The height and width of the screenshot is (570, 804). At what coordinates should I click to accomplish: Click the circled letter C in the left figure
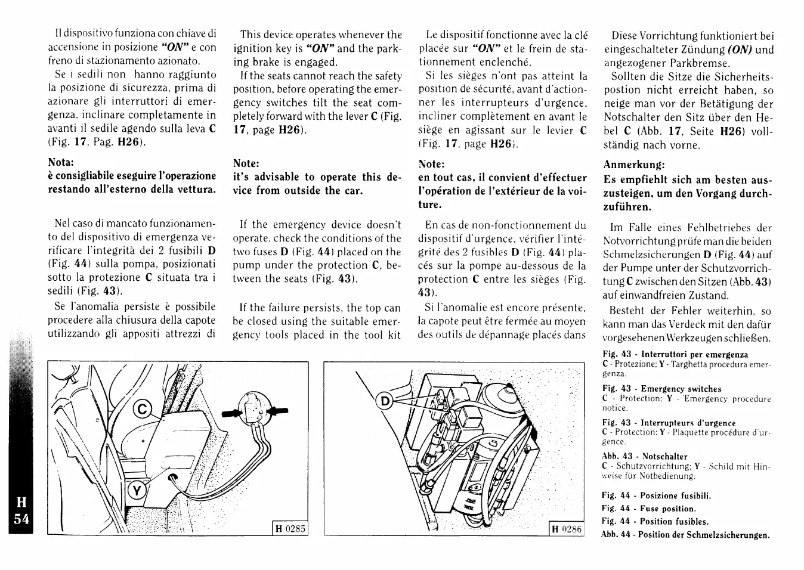[x=143, y=410]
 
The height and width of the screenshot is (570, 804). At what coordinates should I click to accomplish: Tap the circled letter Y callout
[x=137, y=491]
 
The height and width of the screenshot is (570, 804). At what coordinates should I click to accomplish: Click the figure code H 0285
[x=290, y=528]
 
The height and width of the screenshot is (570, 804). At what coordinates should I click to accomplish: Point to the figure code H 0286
[x=566, y=528]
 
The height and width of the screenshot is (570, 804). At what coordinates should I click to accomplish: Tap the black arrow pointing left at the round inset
[x=277, y=410]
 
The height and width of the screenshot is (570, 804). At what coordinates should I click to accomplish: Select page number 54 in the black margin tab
[x=21, y=519]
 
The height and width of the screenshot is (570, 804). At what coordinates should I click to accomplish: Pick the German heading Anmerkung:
[x=634, y=165]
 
